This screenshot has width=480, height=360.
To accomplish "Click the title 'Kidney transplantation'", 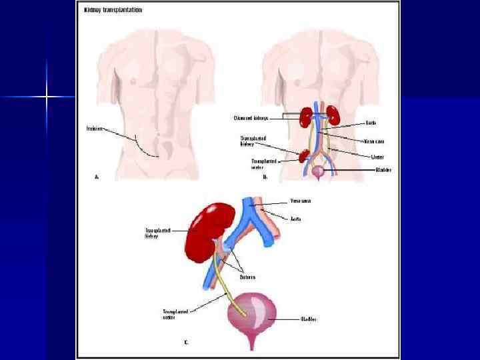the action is pyautogui.click(x=113, y=11).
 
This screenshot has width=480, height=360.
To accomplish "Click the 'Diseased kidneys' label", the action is pyautogui.click(x=251, y=118).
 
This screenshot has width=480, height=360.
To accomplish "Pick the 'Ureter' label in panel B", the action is pyautogui.click(x=377, y=157).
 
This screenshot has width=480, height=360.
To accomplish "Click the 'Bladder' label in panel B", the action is pyautogui.click(x=383, y=170).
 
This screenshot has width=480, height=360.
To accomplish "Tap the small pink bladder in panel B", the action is pyautogui.click(x=319, y=171).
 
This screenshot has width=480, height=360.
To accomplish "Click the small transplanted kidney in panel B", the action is pyautogui.click(x=304, y=155).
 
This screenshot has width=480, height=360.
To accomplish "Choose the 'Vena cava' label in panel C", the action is pyautogui.click(x=300, y=200).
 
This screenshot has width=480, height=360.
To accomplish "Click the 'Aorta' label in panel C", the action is pyautogui.click(x=295, y=218).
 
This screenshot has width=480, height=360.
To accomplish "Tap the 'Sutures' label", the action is pyautogui.click(x=247, y=276).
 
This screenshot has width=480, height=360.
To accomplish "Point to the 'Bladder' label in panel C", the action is pyautogui.click(x=308, y=319).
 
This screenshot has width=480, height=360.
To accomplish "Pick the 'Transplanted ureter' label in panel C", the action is pyautogui.click(x=175, y=313).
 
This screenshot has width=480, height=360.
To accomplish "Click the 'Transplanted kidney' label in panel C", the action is pyautogui.click(x=158, y=233).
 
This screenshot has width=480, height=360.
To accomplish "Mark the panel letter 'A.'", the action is pyautogui.click(x=97, y=177).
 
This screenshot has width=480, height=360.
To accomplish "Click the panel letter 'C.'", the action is pyautogui.click(x=187, y=342).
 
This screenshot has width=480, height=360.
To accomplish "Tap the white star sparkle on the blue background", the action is pyautogui.click(x=47, y=97).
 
